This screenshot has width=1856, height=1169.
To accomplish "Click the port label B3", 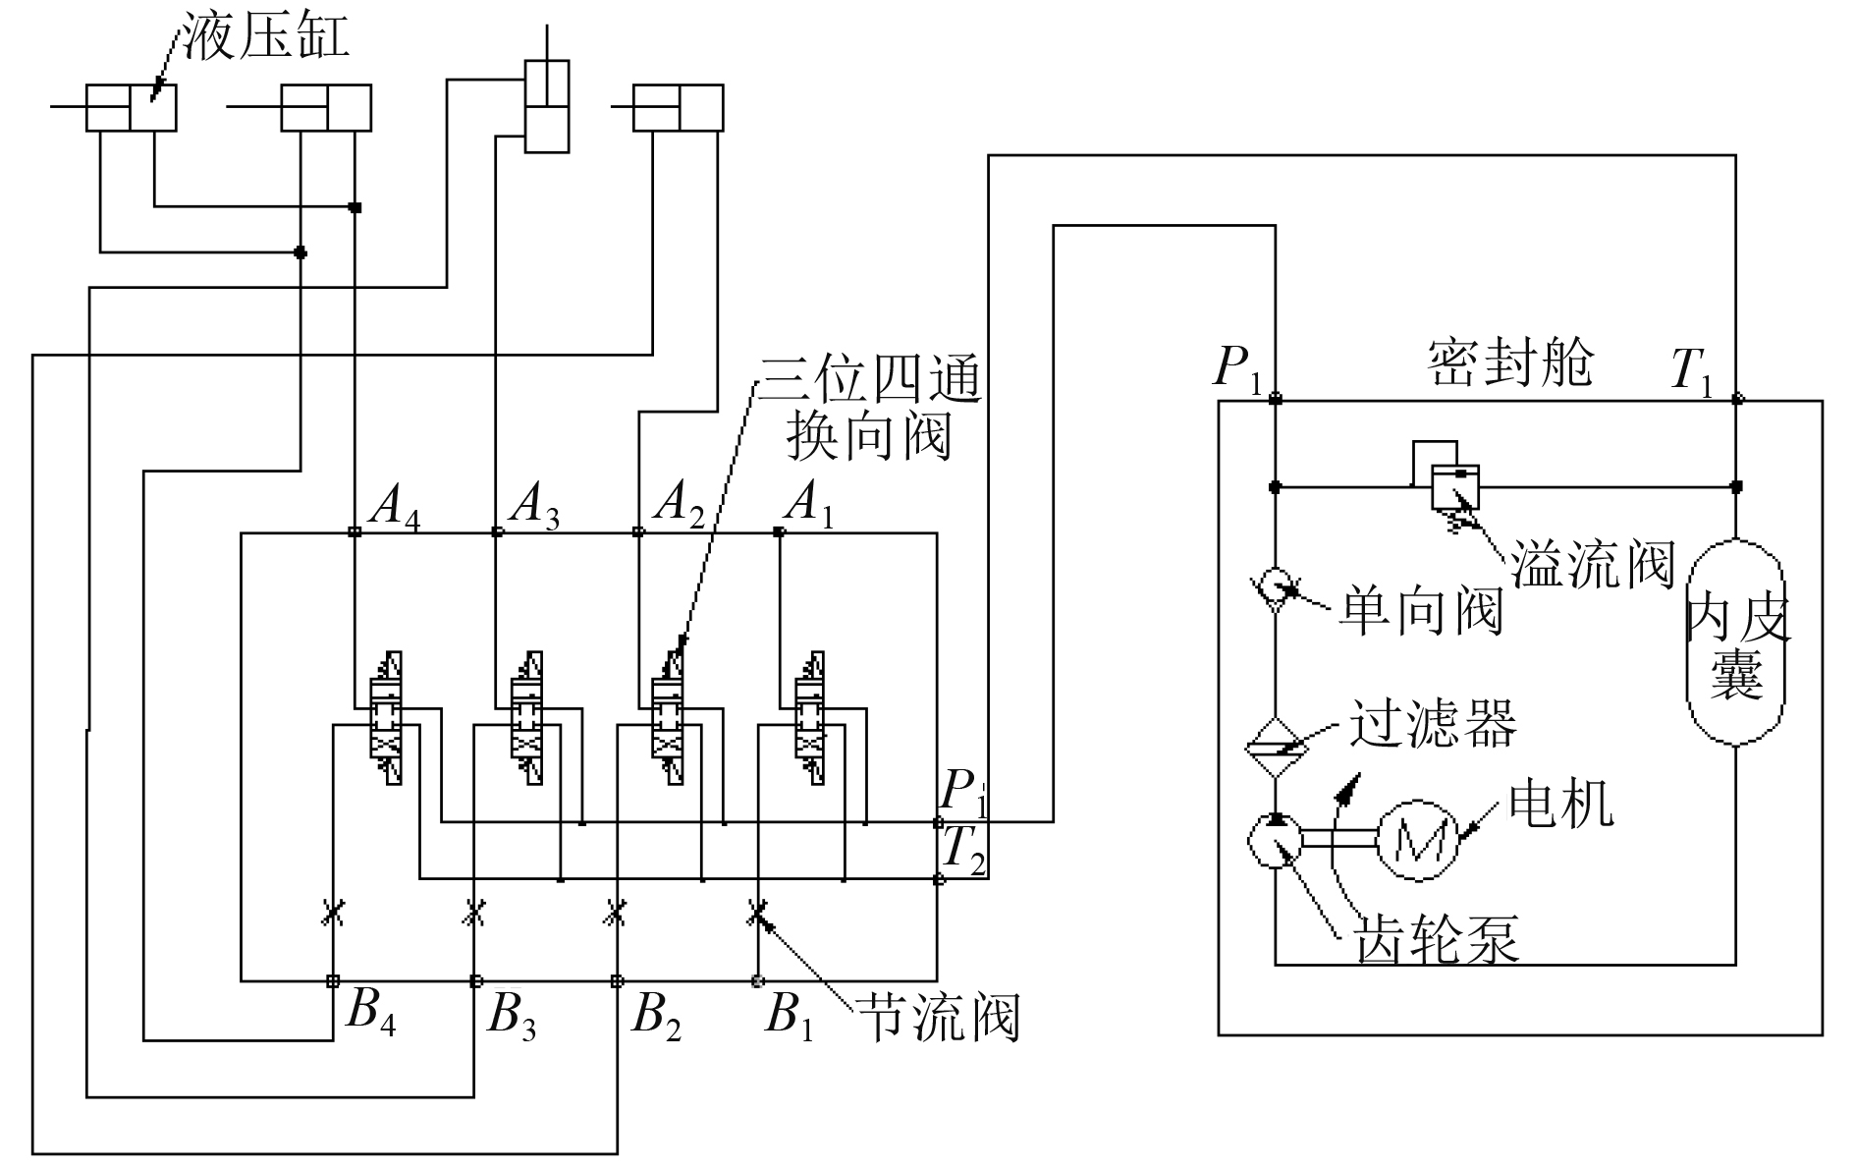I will coord(511,1016).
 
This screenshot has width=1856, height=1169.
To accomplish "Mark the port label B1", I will coord(789,1016).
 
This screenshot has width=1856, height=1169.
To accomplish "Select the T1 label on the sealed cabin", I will coord(1691,372).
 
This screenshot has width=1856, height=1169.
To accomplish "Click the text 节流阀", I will coord(938,1017).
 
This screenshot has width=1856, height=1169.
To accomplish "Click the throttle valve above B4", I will coord(333,914).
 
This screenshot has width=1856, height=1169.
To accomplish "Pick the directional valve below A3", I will coord(526,718).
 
